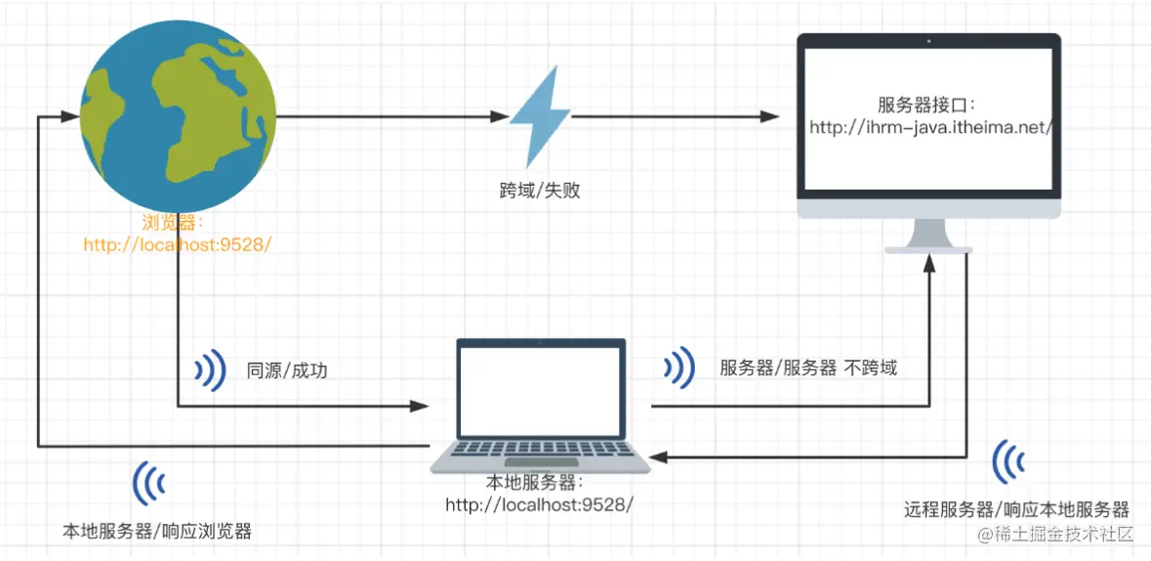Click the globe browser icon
click(x=177, y=115)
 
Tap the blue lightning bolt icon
click(x=539, y=116)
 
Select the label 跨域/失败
click(x=540, y=191)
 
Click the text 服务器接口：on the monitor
click(x=927, y=106)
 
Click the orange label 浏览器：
click(x=176, y=223)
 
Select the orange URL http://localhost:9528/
click(x=176, y=244)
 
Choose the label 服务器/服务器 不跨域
click(x=808, y=368)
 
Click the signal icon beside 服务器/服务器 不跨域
click(x=679, y=367)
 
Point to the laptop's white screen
click(x=541, y=391)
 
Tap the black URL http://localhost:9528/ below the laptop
click(x=540, y=504)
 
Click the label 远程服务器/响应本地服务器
click(x=1016, y=510)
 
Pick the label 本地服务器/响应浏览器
click(x=157, y=532)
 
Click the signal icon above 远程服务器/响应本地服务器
click(x=1009, y=462)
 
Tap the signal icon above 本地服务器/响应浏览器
click(x=149, y=483)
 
